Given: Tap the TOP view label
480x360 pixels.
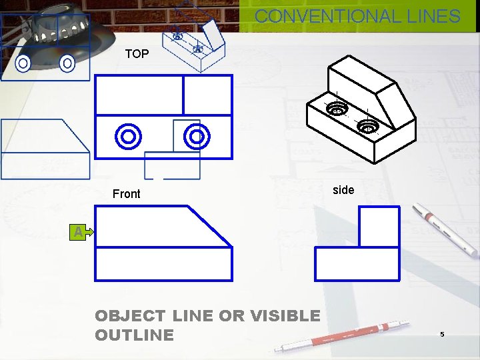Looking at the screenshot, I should coord(137,54).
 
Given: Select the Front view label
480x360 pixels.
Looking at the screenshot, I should coord(126,194).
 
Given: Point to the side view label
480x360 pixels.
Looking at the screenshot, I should coord(343,190).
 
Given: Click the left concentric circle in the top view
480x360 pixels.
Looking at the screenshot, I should coord(128,137).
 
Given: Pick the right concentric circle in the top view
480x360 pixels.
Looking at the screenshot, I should coord(197,137).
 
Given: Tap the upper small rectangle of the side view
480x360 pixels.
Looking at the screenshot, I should coord(379,227).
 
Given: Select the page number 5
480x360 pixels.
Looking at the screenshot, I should coord(441,333).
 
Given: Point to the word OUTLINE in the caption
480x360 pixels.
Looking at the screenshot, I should coord(134,335).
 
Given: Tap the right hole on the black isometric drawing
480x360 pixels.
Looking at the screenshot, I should coord(367,125).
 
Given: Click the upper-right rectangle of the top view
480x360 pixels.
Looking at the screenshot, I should coord(207,95).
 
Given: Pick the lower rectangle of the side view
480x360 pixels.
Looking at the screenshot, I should coord(357,263).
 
